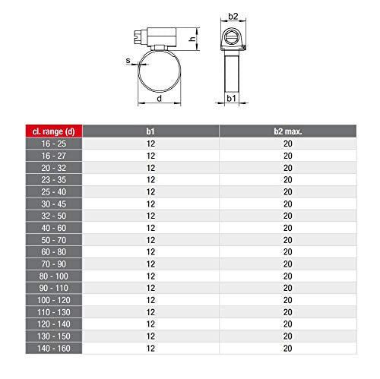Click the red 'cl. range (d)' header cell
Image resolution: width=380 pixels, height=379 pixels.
point(54,131)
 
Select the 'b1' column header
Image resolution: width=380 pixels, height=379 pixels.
point(150,131)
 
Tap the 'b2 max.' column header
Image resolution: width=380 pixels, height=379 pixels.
point(288,131)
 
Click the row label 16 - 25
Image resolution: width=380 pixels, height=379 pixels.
point(54,144)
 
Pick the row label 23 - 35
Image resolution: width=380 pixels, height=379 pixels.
point(54,180)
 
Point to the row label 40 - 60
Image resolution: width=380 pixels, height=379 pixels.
point(54,228)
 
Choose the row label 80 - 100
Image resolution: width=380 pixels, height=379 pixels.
point(54,276)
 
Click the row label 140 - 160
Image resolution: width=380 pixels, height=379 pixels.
point(54,349)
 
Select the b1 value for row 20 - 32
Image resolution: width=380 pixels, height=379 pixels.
point(150,168)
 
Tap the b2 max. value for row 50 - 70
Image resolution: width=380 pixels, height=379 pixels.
point(288,240)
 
